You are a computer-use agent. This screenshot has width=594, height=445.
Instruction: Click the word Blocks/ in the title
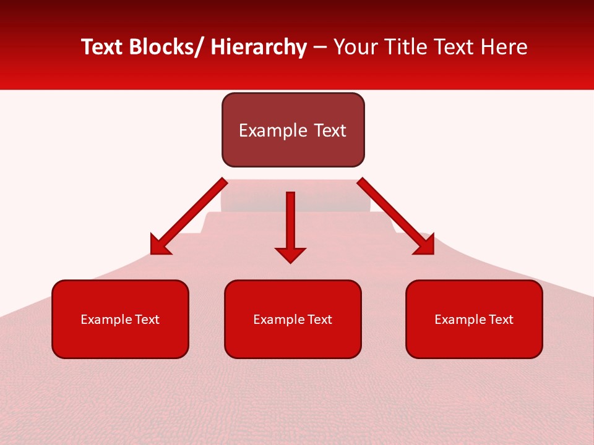click(x=161, y=47)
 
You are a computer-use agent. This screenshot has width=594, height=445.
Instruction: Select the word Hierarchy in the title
click(x=259, y=47)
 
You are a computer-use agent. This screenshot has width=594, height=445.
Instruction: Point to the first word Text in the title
click(x=103, y=47)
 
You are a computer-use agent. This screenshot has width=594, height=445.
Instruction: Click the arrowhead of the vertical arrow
click(x=290, y=254)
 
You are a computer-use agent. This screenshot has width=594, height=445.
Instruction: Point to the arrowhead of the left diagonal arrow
click(x=160, y=246)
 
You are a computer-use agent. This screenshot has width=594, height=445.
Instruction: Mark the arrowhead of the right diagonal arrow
click(x=424, y=245)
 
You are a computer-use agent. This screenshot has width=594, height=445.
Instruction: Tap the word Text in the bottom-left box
click(x=147, y=320)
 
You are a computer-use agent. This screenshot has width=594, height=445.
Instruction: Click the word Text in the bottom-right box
click(x=501, y=320)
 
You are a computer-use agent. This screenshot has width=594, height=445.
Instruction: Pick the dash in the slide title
click(x=320, y=47)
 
